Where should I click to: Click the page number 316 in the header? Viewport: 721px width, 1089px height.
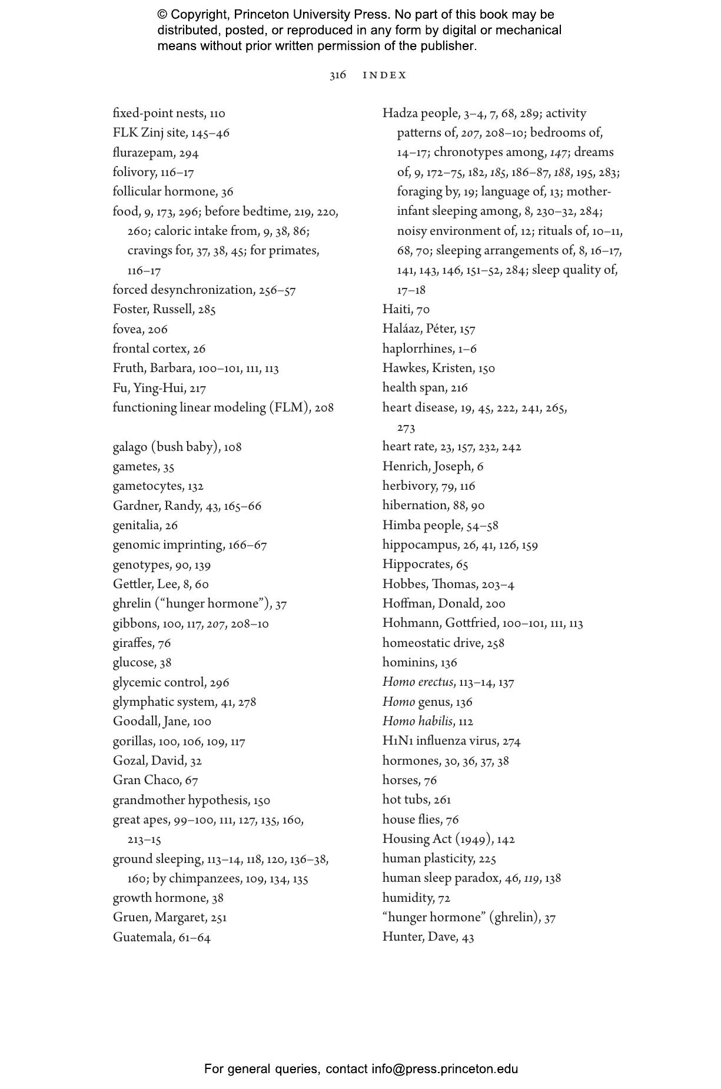[x=337, y=75]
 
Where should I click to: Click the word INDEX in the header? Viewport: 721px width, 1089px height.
[x=384, y=75]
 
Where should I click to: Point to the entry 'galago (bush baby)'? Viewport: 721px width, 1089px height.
[x=166, y=447]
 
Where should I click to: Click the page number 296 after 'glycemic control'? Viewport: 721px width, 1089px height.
[x=219, y=683]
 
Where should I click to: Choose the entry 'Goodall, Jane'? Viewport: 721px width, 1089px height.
[x=151, y=722]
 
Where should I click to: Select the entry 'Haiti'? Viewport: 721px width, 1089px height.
[x=397, y=310]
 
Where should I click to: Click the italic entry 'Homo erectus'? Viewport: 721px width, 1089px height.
[x=418, y=682]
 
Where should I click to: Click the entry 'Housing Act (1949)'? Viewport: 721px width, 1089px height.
[x=437, y=839]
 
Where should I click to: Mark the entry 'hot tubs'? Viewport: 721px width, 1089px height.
[x=406, y=800]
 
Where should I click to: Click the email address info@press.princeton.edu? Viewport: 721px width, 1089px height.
[x=444, y=1069]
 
